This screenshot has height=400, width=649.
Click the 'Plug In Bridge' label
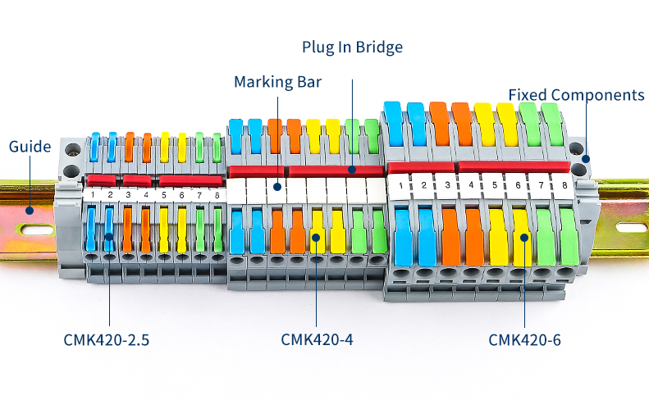[x=353, y=48]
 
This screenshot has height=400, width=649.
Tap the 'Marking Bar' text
[x=277, y=83]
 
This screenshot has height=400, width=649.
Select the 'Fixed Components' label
[x=576, y=95]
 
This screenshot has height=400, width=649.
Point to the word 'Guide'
[x=30, y=148]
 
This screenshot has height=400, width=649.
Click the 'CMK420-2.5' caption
[x=107, y=339]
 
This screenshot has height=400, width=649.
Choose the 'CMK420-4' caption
[x=317, y=339]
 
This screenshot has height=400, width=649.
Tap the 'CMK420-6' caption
[x=524, y=339]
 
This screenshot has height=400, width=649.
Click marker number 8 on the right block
[x=564, y=186]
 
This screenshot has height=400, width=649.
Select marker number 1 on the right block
[x=401, y=186]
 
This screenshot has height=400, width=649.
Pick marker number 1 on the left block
[x=94, y=195]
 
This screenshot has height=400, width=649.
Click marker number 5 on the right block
[x=494, y=186]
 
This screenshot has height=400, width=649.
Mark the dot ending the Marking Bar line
[x=277, y=186]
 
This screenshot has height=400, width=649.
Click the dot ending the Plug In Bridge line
[x=353, y=170]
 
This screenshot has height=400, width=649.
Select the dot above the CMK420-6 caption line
[x=524, y=238]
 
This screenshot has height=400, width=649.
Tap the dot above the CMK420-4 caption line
[x=316, y=238]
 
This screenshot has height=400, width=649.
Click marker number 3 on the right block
[x=447, y=186]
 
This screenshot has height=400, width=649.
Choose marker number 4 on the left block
[x=146, y=195]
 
